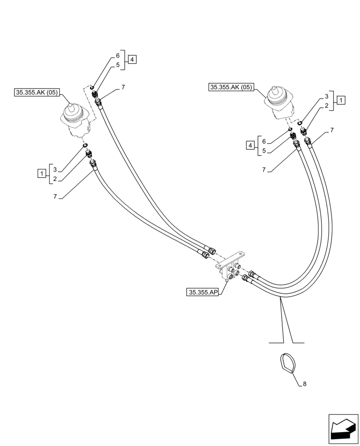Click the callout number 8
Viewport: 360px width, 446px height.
305,384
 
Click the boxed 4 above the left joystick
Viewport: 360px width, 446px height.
133,59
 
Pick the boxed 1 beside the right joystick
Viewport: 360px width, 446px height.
340,100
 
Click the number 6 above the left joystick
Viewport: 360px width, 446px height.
118,56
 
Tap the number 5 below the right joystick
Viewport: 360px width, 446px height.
264,151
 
